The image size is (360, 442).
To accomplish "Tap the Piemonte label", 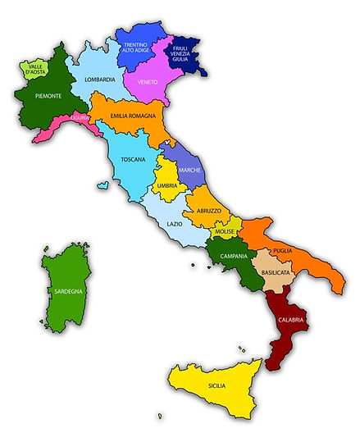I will [x=49, y=96].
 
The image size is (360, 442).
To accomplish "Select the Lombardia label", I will [x=99, y=80].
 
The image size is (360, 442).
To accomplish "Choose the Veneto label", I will [x=148, y=81].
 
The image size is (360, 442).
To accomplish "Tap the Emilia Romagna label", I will [x=133, y=116].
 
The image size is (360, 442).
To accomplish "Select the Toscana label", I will [x=133, y=158].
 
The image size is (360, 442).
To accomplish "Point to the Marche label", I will [x=189, y=170].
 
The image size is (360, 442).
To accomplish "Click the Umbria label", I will [x=166, y=186].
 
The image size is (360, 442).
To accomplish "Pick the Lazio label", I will [x=175, y=224].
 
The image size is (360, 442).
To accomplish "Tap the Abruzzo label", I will [x=207, y=211].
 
